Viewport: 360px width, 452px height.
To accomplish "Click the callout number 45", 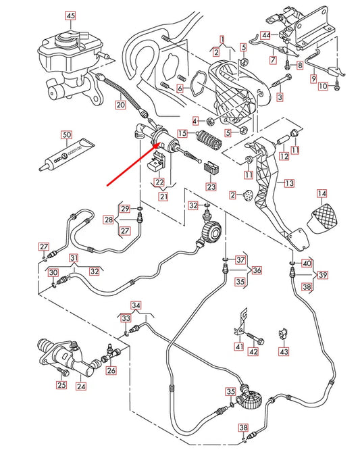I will pyautogui.click(x=71, y=16).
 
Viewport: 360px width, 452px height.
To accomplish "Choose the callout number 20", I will pyautogui.click(x=120, y=105).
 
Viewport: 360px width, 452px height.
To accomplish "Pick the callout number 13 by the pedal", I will pyautogui.click(x=288, y=182).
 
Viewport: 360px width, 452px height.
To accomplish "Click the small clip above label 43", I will pyautogui.click(x=284, y=333).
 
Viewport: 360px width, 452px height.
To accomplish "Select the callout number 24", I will pyautogui.click(x=81, y=387).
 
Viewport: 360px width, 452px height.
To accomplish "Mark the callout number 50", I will pyautogui.click(x=66, y=134).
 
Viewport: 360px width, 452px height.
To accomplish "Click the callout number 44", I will pyautogui.click(x=265, y=34).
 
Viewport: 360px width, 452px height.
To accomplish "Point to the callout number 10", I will pyautogui.click(x=322, y=86).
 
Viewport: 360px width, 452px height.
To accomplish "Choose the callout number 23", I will pyautogui.click(x=211, y=187).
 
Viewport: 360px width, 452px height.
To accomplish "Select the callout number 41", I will pyautogui.click(x=238, y=347).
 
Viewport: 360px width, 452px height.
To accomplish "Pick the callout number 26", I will pyautogui.click(x=111, y=370).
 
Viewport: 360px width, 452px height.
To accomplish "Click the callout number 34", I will pyautogui.click(x=136, y=305).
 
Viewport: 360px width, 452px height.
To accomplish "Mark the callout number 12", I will pyautogui.click(x=284, y=156).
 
